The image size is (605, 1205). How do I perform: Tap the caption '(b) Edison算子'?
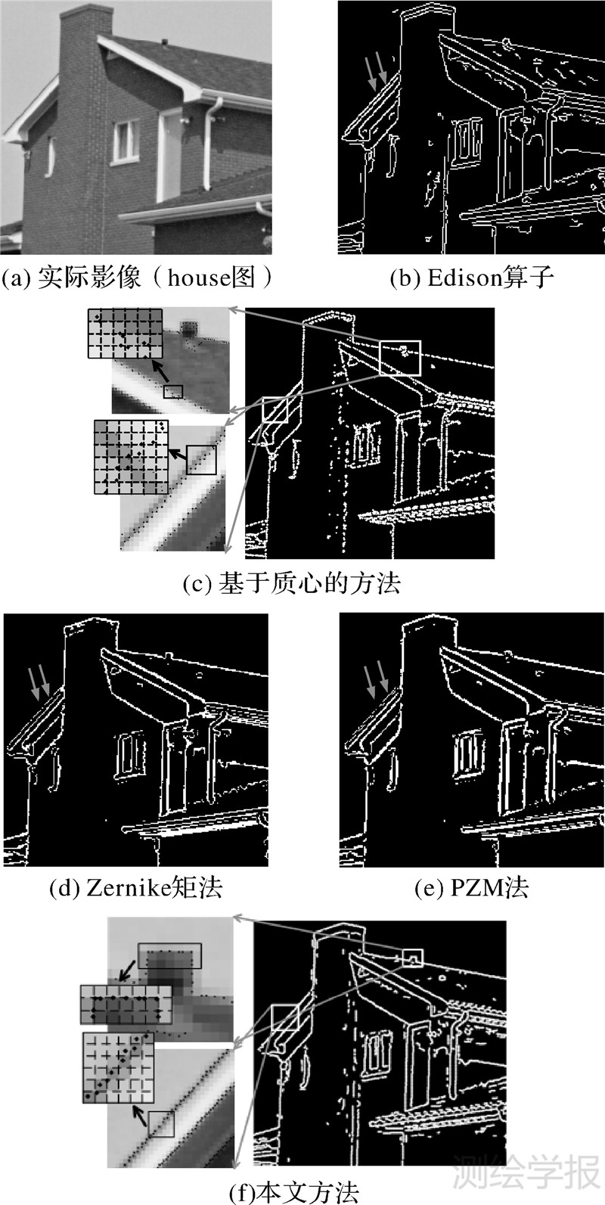[472, 278]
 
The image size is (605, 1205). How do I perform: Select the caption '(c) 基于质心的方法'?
[291, 583]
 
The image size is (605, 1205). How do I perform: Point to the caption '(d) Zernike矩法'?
[135, 888]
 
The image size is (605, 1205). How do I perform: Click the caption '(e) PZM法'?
[472, 888]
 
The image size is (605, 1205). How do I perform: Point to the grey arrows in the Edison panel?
[377, 73]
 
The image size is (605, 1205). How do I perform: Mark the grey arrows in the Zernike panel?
[40, 683]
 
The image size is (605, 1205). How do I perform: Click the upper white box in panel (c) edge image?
[399, 358]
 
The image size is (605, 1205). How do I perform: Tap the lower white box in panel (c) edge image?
[275, 410]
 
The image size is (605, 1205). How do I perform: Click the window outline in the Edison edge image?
[467, 141]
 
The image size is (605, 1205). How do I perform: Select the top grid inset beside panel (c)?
[126, 334]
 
